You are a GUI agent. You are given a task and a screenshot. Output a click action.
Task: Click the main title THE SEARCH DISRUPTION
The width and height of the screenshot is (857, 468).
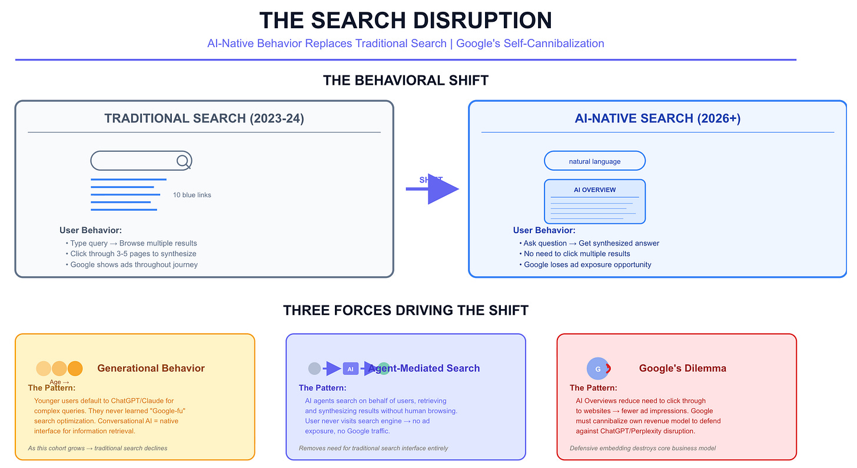[x=406, y=21]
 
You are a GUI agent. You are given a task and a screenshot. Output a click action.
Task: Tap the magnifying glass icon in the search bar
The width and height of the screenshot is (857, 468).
[x=183, y=161]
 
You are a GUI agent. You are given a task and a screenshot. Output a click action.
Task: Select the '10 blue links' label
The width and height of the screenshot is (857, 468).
[x=192, y=195]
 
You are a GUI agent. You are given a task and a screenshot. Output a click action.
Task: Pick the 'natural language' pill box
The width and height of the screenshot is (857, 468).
[x=594, y=161]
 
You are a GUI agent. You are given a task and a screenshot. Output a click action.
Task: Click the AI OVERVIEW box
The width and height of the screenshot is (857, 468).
[x=594, y=201]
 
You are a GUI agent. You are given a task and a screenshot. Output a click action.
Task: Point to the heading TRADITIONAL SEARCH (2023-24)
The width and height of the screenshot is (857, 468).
[x=204, y=118]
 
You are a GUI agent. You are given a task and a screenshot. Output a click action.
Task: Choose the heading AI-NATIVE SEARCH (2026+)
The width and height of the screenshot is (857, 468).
[x=657, y=118]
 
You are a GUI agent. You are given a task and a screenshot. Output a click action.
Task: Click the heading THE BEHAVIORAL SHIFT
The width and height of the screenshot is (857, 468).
[x=406, y=80]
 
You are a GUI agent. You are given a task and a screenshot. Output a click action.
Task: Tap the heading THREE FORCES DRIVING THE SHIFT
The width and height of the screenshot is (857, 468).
[x=406, y=310]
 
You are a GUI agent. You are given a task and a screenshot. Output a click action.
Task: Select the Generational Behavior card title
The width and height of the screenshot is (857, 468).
[x=151, y=369]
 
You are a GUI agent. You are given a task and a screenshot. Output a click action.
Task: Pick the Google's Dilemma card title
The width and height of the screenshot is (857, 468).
[x=683, y=369]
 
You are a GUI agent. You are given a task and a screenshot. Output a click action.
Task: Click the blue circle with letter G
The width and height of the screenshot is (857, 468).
[x=597, y=369]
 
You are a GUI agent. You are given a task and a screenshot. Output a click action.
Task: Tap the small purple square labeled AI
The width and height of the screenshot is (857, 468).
[x=350, y=369]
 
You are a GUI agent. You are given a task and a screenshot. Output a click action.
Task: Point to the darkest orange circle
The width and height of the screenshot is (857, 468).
[x=75, y=369]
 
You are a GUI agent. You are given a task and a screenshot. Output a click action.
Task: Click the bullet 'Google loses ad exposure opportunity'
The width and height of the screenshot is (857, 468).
[x=587, y=265]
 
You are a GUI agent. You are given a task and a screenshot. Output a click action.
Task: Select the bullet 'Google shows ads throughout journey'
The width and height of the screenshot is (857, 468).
[x=134, y=265]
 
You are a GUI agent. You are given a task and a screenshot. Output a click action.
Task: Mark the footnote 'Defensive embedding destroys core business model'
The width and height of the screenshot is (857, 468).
[x=643, y=449]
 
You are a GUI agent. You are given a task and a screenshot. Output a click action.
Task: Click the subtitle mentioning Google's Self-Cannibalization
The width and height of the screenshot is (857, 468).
[x=406, y=44]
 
